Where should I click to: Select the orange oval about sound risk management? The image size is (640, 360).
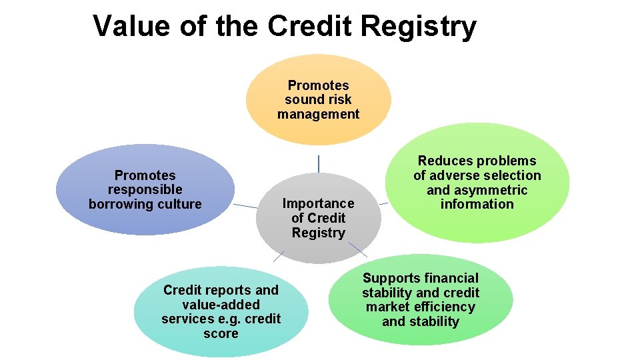pyautogui.click(x=318, y=100)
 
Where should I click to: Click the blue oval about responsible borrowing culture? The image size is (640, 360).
pyautogui.click(x=145, y=190)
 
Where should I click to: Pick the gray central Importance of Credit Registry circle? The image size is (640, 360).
pyautogui.click(x=318, y=218)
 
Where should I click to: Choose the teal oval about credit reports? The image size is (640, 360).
pyautogui.click(x=221, y=312)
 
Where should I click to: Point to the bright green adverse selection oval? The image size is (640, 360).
pyautogui.click(x=477, y=183)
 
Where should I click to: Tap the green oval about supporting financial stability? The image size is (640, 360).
pyautogui.click(x=421, y=299)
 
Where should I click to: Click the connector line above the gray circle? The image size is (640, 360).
pyautogui.click(x=319, y=163)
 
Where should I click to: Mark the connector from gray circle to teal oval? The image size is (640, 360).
pyautogui.click(x=279, y=256)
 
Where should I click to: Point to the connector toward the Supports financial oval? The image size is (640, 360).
pyautogui.click(x=358, y=249)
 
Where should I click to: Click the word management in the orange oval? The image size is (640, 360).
pyautogui.click(x=318, y=114)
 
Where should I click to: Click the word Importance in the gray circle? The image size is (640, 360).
pyautogui.click(x=318, y=203)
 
